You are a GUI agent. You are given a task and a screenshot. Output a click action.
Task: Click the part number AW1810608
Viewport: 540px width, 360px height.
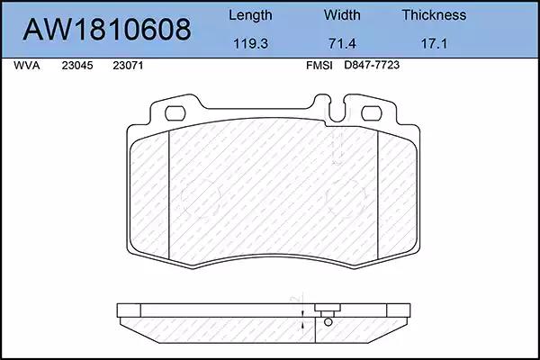(107, 30)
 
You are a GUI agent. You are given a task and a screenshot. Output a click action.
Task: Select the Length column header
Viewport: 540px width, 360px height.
(250, 15)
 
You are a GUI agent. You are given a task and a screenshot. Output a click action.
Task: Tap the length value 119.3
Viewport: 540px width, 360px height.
(250, 44)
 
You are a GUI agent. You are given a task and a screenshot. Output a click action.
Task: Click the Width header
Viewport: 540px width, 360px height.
(342, 15)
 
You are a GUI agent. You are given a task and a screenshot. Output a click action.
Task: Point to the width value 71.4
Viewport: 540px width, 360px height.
(342, 44)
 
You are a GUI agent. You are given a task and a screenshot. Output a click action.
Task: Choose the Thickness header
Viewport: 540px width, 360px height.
(434, 15)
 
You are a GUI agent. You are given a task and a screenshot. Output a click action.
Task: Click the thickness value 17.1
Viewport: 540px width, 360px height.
(434, 44)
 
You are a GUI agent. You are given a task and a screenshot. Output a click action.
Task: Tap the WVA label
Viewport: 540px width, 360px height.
(27, 66)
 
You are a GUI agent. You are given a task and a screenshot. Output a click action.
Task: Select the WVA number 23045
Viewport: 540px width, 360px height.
(77, 66)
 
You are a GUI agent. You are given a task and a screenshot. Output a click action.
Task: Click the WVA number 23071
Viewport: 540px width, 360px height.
(128, 66)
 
